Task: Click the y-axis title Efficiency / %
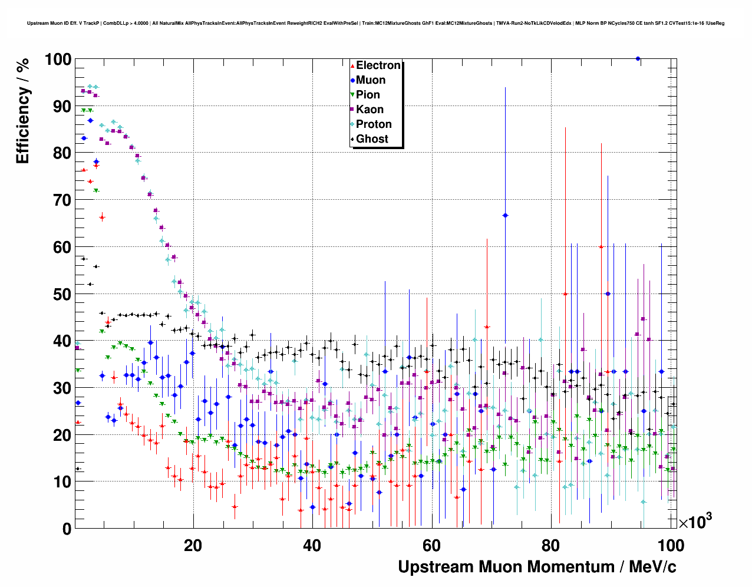point(22,110)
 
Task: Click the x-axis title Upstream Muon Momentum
point(537,567)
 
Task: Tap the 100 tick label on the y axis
point(58,60)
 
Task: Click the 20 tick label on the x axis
point(193,546)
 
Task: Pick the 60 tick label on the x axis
point(431,546)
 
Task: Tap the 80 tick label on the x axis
point(550,546)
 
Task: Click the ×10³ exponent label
point(695,522)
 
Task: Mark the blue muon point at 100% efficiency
point(638,58)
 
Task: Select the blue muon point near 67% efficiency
point(505,216)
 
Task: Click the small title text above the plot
point(375,24)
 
